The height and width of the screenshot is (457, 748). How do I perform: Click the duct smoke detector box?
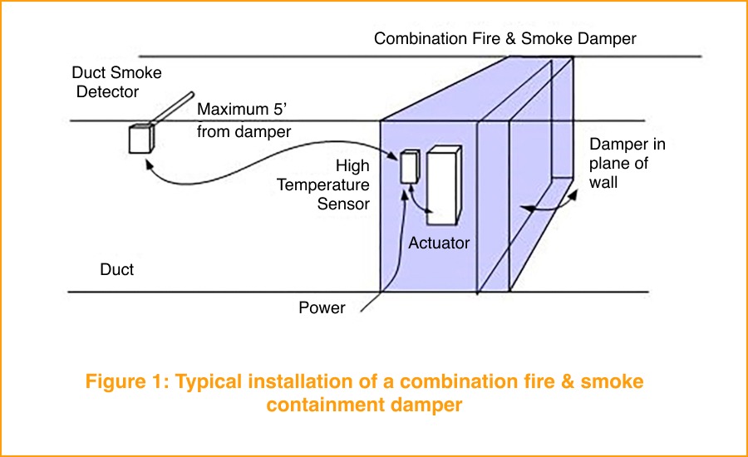[141, 138]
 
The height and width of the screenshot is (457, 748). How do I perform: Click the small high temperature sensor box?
[408, 167]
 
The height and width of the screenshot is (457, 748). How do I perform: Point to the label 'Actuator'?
[439, 243]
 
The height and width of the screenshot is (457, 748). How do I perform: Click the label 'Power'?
[322, 308]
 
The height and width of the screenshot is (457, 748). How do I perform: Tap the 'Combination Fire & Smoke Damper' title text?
[504, 38]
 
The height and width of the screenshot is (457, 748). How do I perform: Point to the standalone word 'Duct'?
[117, 269]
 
